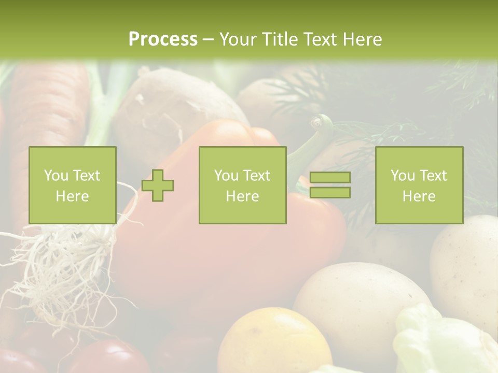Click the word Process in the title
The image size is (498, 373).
click(163, 39)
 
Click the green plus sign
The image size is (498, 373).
click(158, 185)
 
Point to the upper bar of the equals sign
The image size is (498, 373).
click(330, 177)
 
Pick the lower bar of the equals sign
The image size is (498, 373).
click(330, 192)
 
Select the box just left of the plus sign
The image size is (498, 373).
click(73, 185)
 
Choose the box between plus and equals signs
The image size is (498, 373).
click(242, 185)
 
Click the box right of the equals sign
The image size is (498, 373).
click(419, 185)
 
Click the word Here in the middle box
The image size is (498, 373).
click(242, 196)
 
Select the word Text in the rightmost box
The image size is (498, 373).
click(433, 176)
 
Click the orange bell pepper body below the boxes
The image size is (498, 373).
click(228, 259)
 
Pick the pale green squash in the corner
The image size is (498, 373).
click(441, 342)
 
